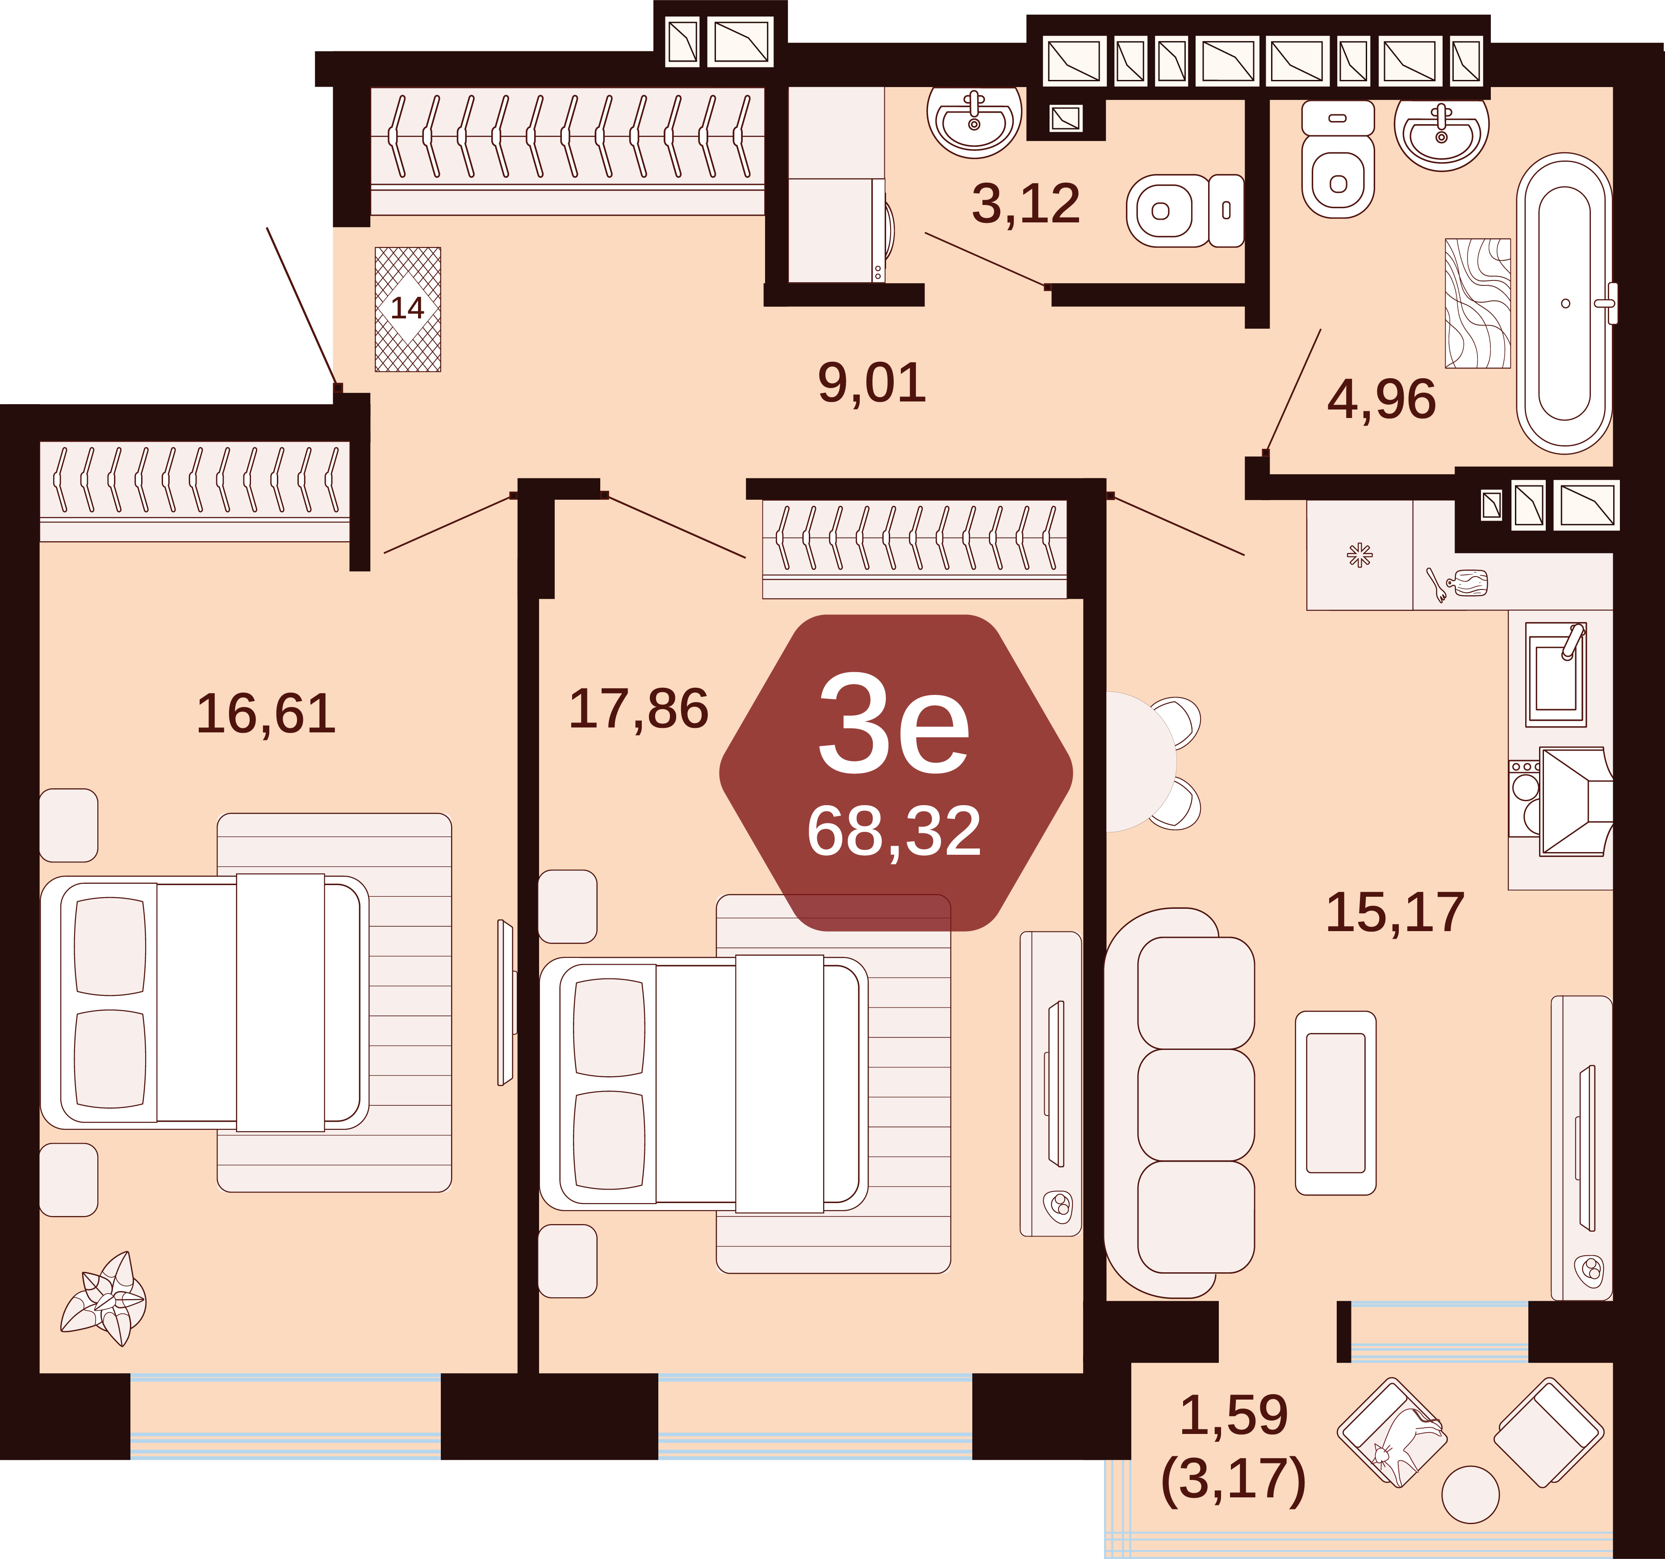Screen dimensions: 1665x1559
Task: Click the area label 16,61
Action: pyautogui.click(x=266, y=714)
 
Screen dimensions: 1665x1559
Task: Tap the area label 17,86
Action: pyautogui.click(x=638, y=709)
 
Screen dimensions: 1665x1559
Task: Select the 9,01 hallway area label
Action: pyautogui.click(x=872, y=384)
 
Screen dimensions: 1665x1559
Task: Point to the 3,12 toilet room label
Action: pyautogui.click(x=1026, y=204)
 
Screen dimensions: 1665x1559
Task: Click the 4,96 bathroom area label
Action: pyautogui.click(x=1381, y=399)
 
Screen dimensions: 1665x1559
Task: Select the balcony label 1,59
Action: pyautogui.click(x=1234, y=1415)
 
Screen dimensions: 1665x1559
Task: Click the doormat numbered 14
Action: pyautogui.click(x=408, y=309)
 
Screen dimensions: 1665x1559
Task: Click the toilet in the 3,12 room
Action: pyautogui.click(x=1185, y=210)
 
